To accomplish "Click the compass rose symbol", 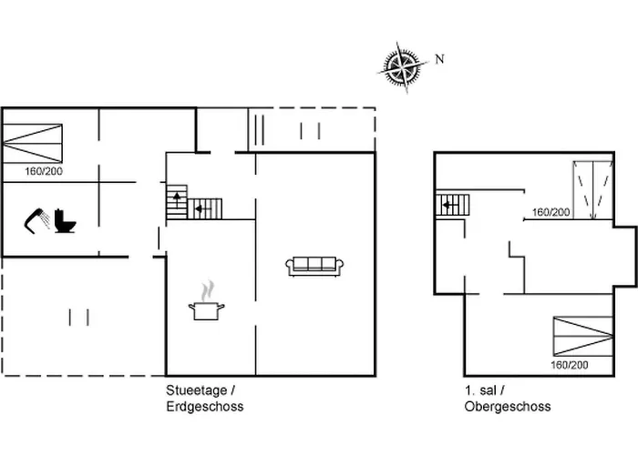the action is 403,67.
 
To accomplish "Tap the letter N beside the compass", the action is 439,59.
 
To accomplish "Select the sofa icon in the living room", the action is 314,267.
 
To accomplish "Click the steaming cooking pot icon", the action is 207,310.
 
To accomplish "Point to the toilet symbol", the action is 65,221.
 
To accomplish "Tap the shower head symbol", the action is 37,221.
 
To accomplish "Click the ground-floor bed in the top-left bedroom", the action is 33,144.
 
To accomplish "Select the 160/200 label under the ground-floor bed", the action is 44,171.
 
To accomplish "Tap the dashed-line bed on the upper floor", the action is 593,190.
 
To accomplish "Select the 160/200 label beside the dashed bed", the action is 551,212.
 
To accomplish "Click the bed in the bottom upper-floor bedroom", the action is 583,337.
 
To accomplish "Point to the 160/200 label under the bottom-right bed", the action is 570,365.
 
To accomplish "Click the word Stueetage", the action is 197,390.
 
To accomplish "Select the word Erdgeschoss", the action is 205,407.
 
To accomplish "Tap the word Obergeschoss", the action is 508,407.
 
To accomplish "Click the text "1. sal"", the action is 480,390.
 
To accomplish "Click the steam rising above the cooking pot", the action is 208,290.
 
